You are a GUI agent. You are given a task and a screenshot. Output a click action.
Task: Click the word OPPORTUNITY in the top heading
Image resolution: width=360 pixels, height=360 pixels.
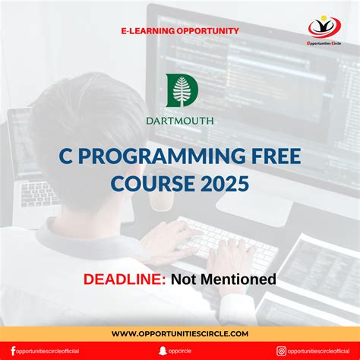coord(207,31)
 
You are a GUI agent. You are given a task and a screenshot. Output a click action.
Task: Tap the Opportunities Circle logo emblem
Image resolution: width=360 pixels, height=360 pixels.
coord(324,27)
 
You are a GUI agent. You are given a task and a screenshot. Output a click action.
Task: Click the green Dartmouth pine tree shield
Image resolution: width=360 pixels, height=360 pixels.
coord(180,90)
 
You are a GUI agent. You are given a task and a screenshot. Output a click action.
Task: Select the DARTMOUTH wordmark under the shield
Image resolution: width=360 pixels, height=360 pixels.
coord(180,120)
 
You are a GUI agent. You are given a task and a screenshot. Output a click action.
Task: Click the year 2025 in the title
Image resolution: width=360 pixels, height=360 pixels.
coord(223,183)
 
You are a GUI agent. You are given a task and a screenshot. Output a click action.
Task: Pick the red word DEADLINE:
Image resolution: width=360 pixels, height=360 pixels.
coord(125,279)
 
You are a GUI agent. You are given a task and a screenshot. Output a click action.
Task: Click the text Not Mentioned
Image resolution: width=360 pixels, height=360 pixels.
coord(223,279)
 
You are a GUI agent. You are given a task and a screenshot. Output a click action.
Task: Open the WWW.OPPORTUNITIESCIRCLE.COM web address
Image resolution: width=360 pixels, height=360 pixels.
coord(180,333)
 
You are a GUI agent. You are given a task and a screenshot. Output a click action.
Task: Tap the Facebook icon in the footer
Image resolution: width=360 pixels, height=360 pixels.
coord(13,350)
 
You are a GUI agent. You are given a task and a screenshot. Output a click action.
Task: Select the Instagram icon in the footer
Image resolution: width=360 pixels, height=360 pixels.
coord(282,350)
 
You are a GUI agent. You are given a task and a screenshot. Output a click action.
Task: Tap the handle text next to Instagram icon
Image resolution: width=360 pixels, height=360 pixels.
coord(319,351)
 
